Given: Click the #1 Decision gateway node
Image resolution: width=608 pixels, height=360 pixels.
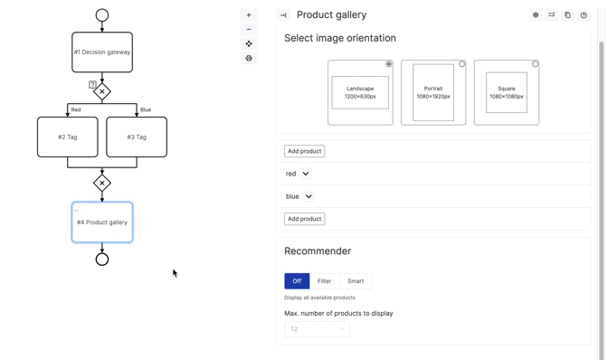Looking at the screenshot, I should click(x=102, y=52).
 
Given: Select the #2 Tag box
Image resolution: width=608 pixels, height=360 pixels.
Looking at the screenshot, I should click(x=68, y=137).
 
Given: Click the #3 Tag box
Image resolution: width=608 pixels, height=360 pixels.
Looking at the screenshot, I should click(x=137, y=137).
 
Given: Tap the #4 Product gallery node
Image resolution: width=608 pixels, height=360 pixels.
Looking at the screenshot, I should click(x=102, y=223).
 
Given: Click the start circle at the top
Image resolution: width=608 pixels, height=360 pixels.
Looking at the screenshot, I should click(x=102, y=15).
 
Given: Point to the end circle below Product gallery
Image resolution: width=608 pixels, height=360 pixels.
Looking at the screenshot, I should click(x=102, y=260).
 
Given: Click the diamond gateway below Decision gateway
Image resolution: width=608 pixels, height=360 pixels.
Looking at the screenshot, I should click(x=102, y=91).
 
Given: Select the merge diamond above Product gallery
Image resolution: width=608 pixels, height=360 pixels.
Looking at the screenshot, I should click(x=102, y=183).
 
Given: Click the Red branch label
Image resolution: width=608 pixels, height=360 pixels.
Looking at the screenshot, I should click(x=76, y=109).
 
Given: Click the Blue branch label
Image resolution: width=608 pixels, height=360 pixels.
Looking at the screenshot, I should click(x=146, y=109).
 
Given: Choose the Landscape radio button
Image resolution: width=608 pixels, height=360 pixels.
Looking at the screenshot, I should click(x=389, y=64).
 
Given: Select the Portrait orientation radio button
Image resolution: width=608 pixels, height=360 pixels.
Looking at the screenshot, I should click(x=462, y=64).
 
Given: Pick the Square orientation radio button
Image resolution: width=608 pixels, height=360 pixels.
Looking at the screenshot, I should click(x=535, y=64).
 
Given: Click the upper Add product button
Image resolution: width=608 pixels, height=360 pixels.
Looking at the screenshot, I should click(x=304, y=151).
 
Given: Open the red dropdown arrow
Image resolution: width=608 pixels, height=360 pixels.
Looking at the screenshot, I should click(x=306, y=174).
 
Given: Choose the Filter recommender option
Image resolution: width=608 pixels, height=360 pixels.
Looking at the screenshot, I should click(x=324, y=281).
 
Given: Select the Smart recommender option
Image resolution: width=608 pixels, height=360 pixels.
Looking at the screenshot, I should click(x=356, y=281).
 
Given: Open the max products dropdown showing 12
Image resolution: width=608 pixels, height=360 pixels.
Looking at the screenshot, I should click(x=317, y=329).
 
